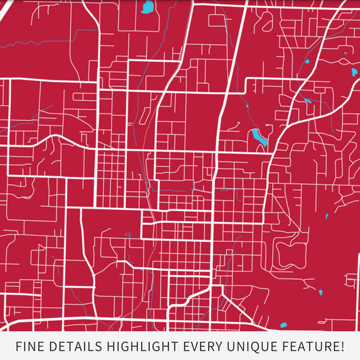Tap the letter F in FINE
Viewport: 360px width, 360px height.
click(20, 347)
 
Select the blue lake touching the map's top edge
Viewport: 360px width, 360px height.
click(147, 7)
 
